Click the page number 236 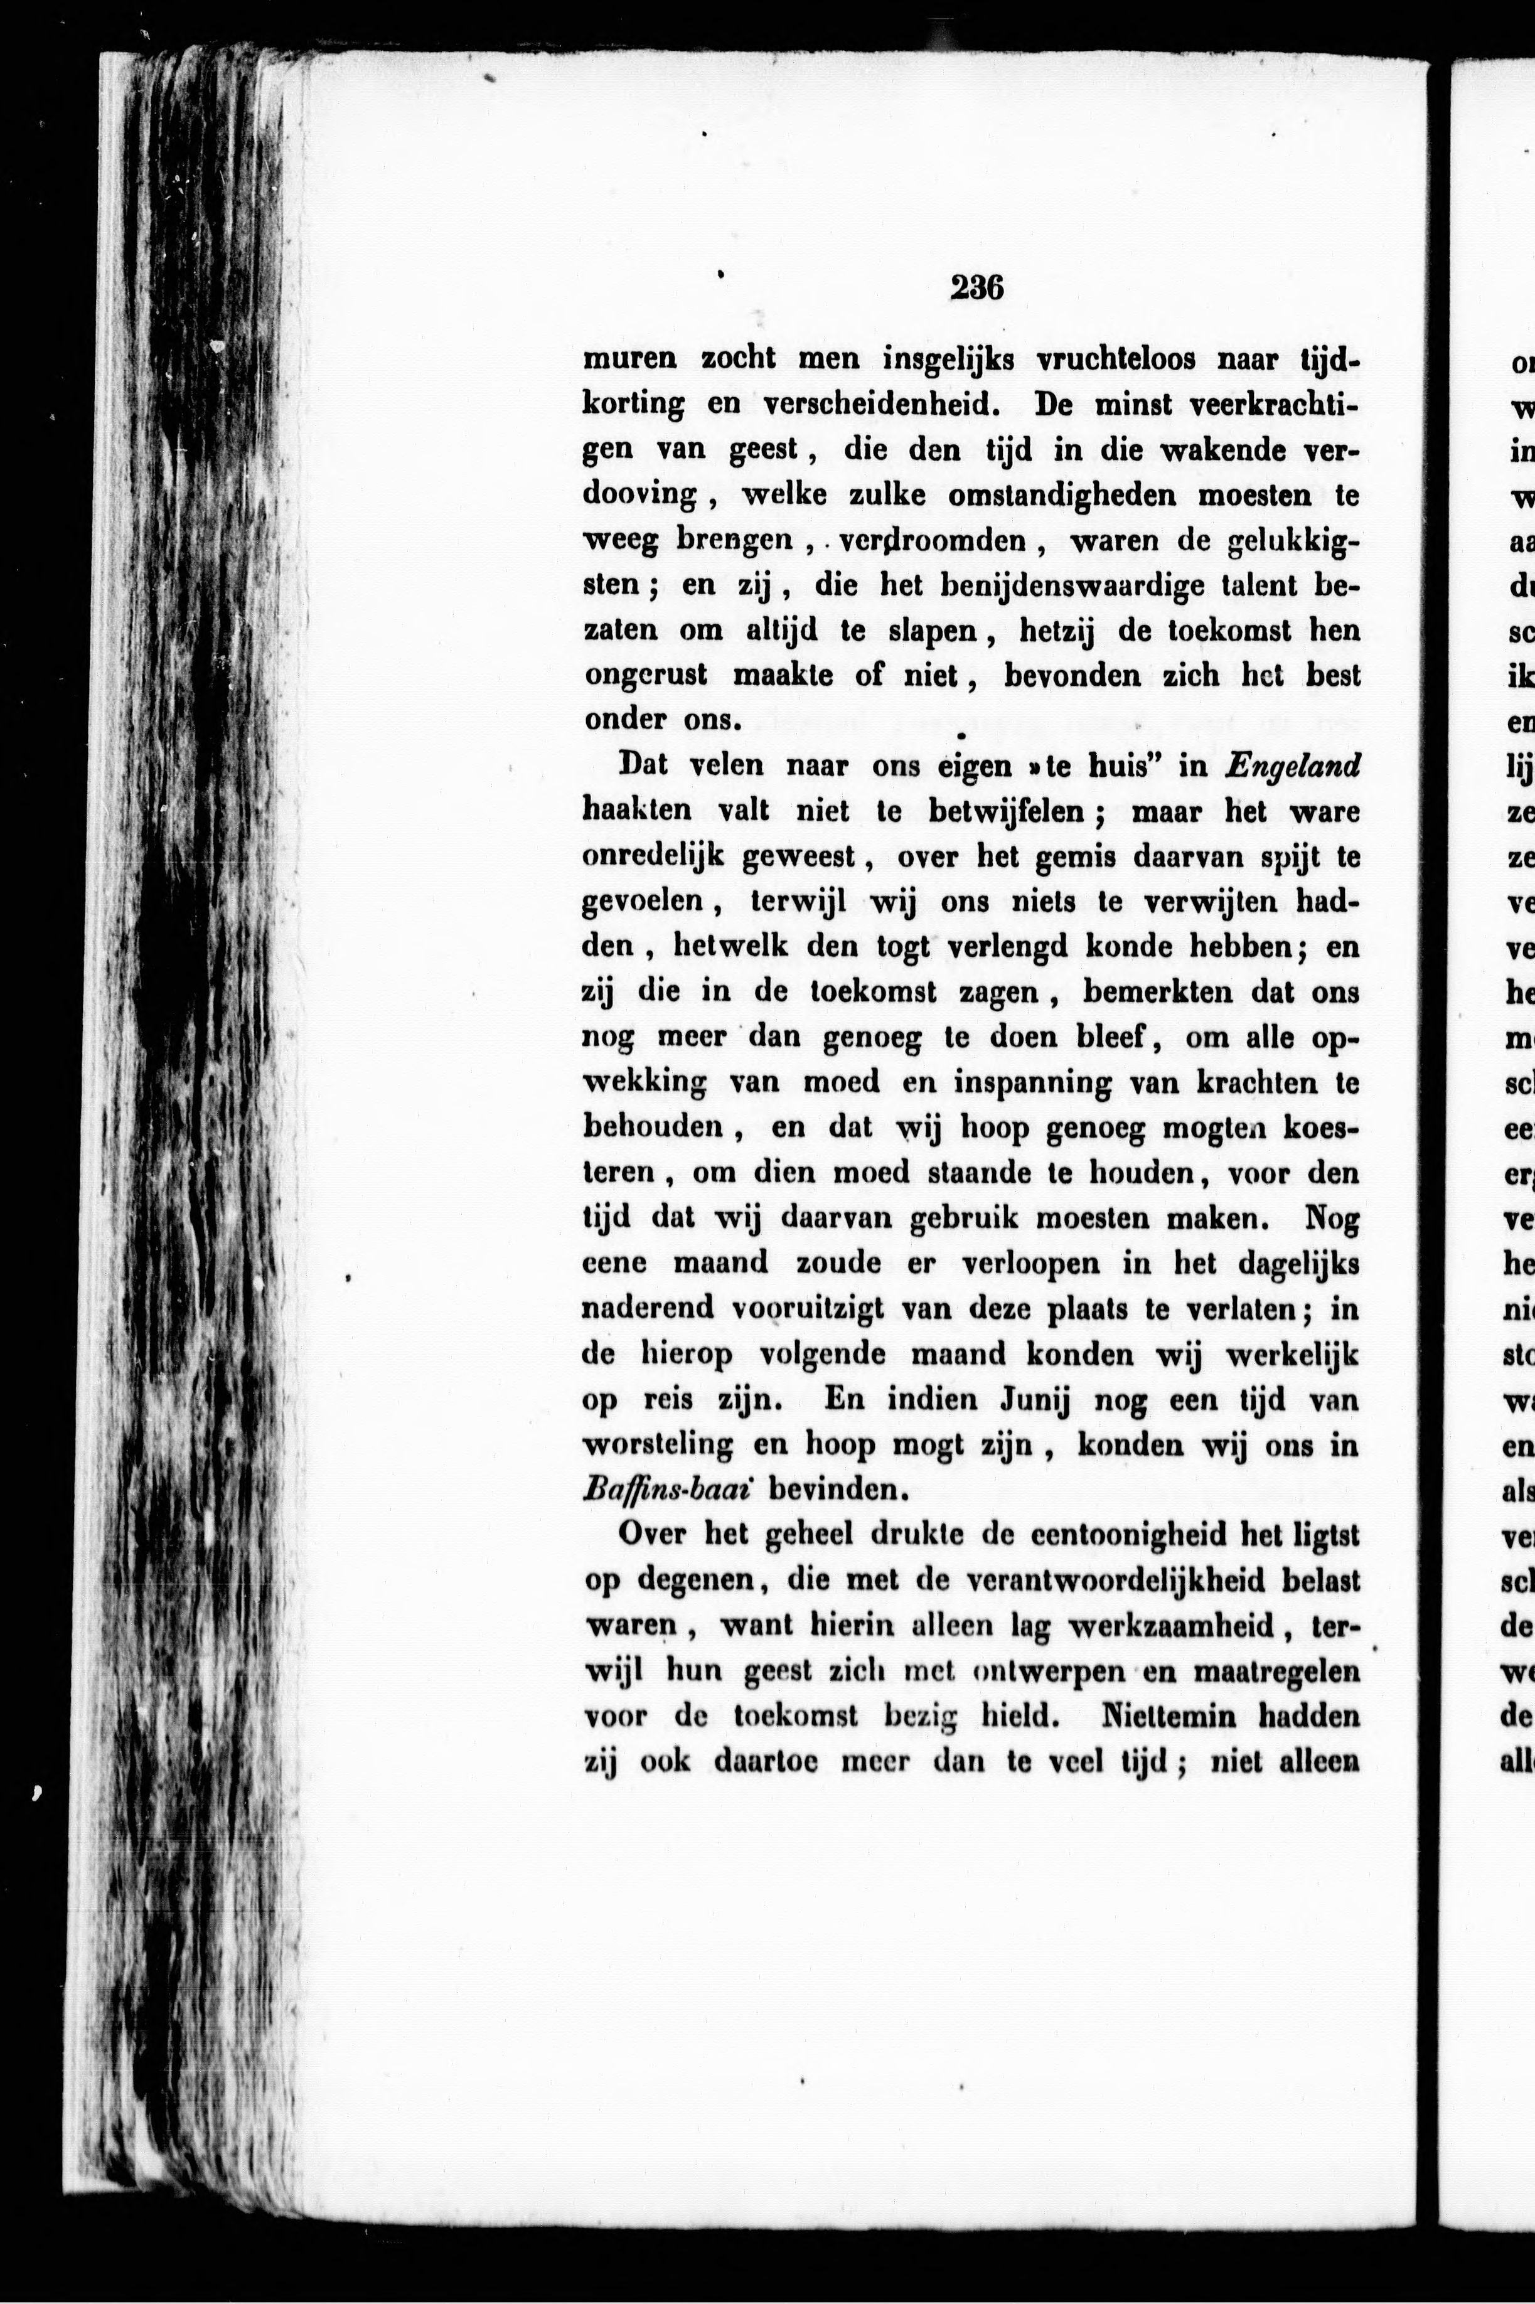[x=976, y=288]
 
